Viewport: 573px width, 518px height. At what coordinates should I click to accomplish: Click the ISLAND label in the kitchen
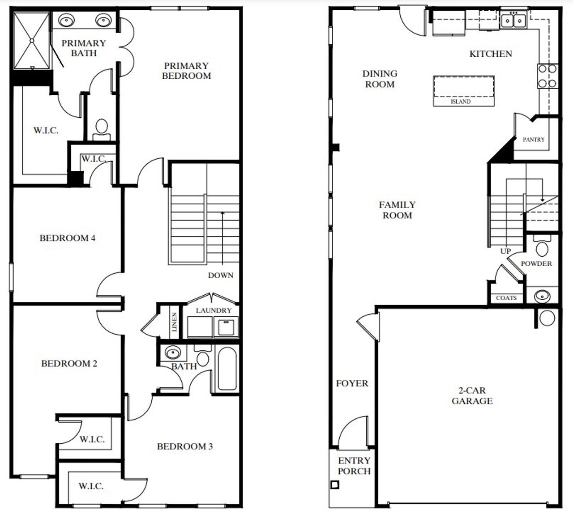[460, 102]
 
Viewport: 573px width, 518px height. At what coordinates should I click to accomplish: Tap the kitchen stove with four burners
[547, 76]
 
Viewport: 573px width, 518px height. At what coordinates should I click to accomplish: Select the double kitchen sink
[513, 20]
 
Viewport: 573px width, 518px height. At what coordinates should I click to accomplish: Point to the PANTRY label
[534, 140]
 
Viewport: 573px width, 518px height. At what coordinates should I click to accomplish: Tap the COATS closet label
[506, 298]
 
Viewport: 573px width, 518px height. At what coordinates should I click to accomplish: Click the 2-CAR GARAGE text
[472, 396]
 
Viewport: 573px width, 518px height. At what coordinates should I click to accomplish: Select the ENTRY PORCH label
[354, 466]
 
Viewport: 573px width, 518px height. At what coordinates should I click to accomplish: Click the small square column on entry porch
[334, 485]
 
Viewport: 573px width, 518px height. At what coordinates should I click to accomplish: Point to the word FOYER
[352, 383]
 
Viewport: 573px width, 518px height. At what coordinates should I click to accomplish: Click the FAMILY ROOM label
[397, 210]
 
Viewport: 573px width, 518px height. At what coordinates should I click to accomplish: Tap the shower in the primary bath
[32, 41]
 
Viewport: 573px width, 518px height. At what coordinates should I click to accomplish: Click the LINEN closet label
[174, 322]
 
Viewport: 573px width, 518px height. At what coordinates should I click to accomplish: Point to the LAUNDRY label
[214, 310]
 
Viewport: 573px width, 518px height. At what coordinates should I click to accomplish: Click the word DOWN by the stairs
[220, 275]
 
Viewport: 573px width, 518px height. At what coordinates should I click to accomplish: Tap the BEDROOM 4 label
[67, 238]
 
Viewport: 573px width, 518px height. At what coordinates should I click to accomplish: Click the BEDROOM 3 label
[184, 446]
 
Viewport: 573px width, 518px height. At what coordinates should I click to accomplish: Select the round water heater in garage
[547, 318]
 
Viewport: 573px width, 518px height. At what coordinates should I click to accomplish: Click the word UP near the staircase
[505, 251]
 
